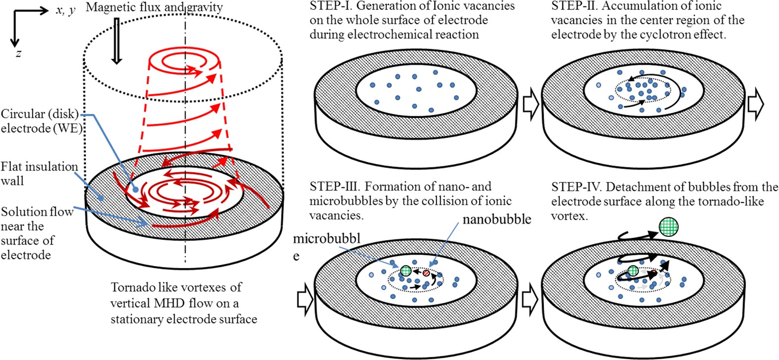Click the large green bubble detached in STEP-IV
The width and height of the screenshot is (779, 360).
click(668, 228)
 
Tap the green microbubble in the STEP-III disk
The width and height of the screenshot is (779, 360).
click(406, 270)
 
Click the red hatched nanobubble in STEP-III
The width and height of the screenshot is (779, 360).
click(426, 273)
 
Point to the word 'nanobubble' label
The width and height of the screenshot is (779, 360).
click(497, 219)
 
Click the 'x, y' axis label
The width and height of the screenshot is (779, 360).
click(65, 10)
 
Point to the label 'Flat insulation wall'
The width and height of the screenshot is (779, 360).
click(39, 174)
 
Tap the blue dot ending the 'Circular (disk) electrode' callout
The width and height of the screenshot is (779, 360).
click(136, 189)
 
